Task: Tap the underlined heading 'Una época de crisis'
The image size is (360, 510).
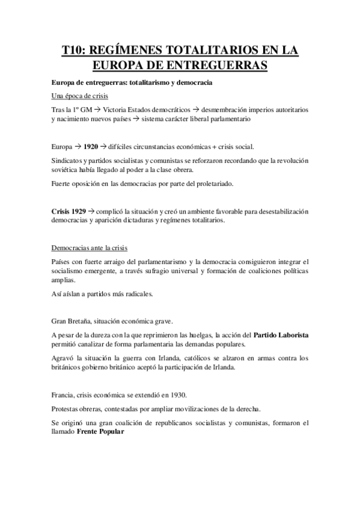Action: pyautogui.click(x=76, y=97)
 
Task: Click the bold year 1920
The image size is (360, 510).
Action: pyautogui.click(x=91, y=146)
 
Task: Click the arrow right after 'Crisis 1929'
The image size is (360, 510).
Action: pyautogui.click(x=91, y=211)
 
